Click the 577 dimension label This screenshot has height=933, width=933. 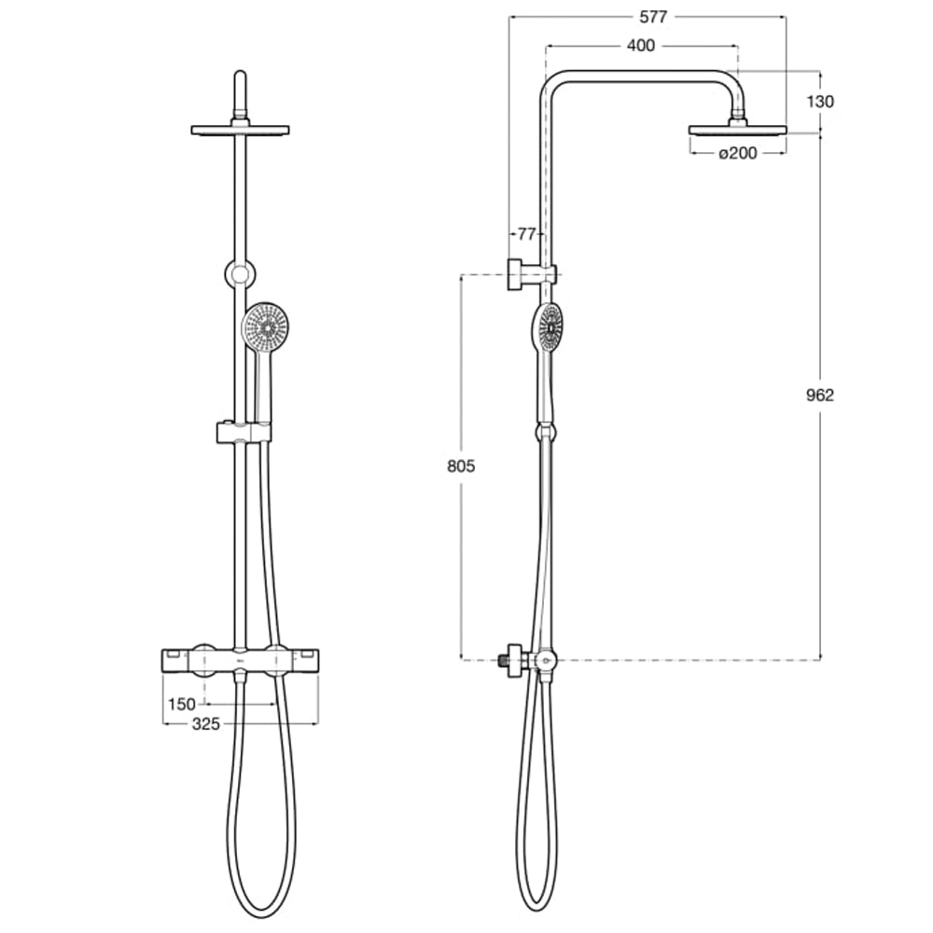[x=653, y=17]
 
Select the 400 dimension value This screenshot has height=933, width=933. [x=640, y=45]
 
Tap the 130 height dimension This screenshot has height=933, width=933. [x=820, y=102]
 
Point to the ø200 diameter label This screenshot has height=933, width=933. [x=737, y=153]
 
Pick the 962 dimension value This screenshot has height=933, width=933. [x=819, y=395]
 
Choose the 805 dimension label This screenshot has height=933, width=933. [x=461, y=466]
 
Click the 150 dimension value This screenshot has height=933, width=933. [x=182, y=703]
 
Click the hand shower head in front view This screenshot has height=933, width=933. [x=265, y=327]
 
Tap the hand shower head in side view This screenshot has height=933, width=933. [x=550, y=329]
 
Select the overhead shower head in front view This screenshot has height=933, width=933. [x=240, y=130]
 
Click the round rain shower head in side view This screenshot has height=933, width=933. [x=737, y=130]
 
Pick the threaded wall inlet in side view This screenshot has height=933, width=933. [x=508, y=659]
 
